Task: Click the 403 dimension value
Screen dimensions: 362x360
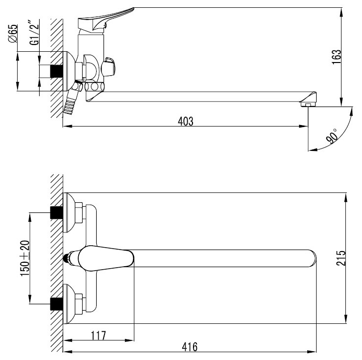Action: (x=186, y=121)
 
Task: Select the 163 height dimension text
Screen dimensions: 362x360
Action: (x=337, y=57)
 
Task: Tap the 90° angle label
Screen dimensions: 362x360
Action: (x=332, y=136)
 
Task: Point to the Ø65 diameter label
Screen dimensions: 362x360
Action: (x=13, y=33)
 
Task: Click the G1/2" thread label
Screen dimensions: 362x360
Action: (x=34, y=33)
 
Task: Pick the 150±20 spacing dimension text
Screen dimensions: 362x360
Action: (x=25, y=258)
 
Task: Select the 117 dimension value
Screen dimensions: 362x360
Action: (x=98, y=336)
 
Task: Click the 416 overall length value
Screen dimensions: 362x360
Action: (x=190, y=347)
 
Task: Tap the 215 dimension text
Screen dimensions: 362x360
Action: (x=341, y=258)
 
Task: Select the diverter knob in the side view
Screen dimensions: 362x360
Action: (x=108, y=67)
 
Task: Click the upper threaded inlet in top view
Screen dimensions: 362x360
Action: (x=57, y=212)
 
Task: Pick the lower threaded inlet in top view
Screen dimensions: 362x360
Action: (x=57, y=304)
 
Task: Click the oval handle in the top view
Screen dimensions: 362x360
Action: (x=106, y=258)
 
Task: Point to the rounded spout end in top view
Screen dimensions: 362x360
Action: (x=312, y=258)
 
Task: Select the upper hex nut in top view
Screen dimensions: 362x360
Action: (x=79, y=212)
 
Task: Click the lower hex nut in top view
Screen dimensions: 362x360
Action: (x=79, y=304)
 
